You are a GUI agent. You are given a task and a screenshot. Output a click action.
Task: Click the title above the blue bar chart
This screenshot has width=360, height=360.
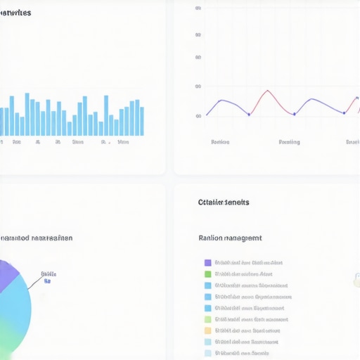coord(15,13)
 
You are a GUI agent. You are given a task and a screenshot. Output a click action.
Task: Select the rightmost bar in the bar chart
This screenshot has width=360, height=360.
coord(141,121)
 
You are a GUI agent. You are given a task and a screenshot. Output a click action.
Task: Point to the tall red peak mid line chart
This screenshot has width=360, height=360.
coord(266,91)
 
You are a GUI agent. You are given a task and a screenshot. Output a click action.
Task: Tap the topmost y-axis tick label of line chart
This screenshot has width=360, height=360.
coord(198,8)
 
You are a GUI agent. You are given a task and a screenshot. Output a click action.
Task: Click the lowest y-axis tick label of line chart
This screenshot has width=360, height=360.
coord(198,117)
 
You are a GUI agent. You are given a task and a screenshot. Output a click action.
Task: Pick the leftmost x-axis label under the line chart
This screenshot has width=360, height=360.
coord(220,142)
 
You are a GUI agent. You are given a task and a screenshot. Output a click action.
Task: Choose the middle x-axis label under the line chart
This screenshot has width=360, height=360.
coord(289,142)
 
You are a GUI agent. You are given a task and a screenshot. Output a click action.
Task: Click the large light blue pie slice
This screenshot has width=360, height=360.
coord(18,309)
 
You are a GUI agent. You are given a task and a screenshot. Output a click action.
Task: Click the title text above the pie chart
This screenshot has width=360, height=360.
coord(35,238)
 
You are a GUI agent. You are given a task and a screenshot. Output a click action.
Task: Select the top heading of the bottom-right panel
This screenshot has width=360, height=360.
coord(224,202)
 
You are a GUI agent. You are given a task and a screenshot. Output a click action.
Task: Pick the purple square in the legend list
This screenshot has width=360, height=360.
coord(207,263)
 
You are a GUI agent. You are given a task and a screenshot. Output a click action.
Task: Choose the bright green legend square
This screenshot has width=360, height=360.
coord(207,274)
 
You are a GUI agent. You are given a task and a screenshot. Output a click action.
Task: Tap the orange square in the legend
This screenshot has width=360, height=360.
coord(207,330)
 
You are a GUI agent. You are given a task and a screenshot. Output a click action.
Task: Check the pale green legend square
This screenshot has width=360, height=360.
coord(207,319)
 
